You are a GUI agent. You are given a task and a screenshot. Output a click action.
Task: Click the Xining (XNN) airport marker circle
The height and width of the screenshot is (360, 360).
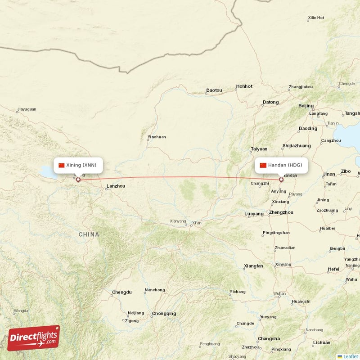(78, 180)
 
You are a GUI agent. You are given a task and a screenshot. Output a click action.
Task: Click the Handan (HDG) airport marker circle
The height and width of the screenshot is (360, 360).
(281, 180)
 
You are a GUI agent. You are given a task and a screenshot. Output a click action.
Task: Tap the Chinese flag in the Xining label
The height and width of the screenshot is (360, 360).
(62, 165)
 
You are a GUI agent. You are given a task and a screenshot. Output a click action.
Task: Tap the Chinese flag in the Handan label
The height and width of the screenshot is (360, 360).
(263, 165)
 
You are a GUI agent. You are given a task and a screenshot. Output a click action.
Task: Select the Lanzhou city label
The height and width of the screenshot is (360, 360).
(116, 186)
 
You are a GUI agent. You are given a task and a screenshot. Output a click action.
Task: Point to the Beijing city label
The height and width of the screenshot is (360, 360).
(306, 106)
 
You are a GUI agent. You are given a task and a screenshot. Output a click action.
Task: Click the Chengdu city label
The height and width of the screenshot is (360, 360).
(122, 292)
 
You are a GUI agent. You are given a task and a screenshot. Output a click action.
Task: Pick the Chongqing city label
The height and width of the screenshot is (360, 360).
(164, 314)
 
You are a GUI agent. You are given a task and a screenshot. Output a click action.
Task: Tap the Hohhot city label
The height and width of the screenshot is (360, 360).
(244, 86)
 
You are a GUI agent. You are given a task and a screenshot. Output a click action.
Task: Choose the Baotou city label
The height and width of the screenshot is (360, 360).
(214, 90)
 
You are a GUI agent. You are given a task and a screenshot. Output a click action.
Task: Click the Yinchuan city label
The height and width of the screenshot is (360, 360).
(157, 137)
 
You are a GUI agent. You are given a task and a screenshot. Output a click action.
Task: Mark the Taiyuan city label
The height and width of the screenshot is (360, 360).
(259, 149)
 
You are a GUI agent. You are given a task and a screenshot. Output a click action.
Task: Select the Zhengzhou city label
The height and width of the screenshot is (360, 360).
(281, 212)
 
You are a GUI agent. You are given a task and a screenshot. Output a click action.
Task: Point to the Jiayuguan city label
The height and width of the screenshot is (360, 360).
(27, 109)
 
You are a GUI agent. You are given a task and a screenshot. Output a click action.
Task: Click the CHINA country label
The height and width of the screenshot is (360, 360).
(89, 234)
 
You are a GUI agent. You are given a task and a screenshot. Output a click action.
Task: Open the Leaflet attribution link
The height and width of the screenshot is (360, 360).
(350, 356)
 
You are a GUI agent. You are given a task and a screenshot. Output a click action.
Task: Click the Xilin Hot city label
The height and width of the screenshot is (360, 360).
(316, 18)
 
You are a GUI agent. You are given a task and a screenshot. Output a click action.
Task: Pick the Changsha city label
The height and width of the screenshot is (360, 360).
(269, 339)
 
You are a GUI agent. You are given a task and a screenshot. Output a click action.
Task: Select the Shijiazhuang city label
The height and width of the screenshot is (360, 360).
(296, 146)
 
